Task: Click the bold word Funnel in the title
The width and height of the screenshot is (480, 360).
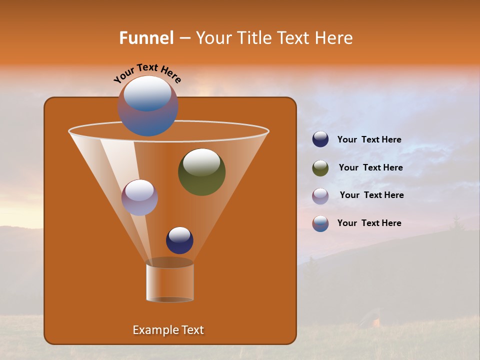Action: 146,38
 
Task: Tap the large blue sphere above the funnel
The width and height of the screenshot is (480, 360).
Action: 147,106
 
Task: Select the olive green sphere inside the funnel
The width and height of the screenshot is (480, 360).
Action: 201,172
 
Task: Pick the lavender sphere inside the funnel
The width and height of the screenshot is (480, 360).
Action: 139,197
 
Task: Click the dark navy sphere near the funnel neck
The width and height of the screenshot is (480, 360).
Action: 179,240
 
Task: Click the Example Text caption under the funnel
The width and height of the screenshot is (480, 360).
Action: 168,330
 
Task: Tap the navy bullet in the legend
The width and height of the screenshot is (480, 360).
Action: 320,139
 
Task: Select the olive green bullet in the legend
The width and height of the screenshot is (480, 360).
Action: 320,168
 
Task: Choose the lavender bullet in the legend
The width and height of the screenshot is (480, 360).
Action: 320,196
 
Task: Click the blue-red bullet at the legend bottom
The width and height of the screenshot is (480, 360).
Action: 320,223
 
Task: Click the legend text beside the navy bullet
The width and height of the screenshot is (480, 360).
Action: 369,140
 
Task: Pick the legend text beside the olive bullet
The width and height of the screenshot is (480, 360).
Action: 370,168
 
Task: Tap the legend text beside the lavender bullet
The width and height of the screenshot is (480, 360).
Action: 371,195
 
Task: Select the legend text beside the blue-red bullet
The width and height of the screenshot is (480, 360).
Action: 369,223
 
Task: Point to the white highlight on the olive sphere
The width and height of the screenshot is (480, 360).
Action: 201,162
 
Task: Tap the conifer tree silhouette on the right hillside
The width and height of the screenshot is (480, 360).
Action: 456,223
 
